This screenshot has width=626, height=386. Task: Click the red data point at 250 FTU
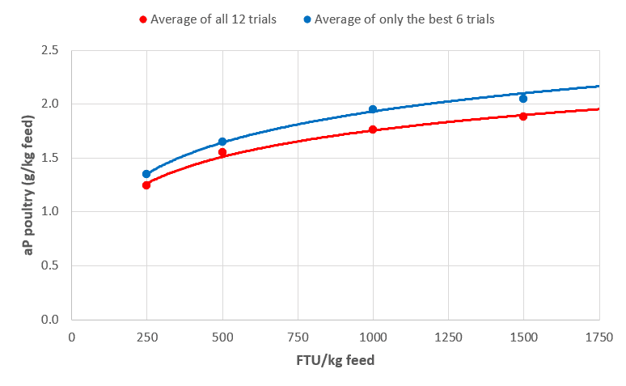point(146,185)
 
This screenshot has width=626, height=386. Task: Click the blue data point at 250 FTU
point(146,174)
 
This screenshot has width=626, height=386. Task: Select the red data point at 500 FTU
point(222,152)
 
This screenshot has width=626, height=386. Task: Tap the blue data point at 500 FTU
point(222,142)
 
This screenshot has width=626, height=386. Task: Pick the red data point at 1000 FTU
point(373,129)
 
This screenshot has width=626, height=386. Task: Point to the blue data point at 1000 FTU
point(373,109)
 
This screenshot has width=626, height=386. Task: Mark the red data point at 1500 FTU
point(523,117)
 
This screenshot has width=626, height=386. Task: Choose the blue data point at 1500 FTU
point(523,99)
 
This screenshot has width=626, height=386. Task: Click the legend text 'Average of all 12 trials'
point(214,19)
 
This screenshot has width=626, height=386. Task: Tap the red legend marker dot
point(143,19)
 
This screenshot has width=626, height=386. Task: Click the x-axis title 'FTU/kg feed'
point(335,361)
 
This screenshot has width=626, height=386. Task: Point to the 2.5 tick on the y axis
point(50,50)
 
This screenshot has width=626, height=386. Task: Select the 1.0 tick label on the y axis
point(50,212)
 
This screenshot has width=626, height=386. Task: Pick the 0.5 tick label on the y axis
point(50,265)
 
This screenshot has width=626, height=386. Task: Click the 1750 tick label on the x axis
point(599,337)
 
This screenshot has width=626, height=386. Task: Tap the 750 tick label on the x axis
point(298,337)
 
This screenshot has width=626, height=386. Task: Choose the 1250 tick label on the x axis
point(448,337)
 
